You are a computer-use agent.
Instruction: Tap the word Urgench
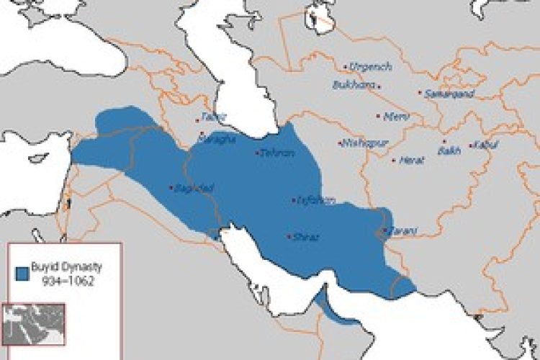click(x=372, y=66)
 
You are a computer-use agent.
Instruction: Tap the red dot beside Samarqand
click(x=420, y=93)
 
